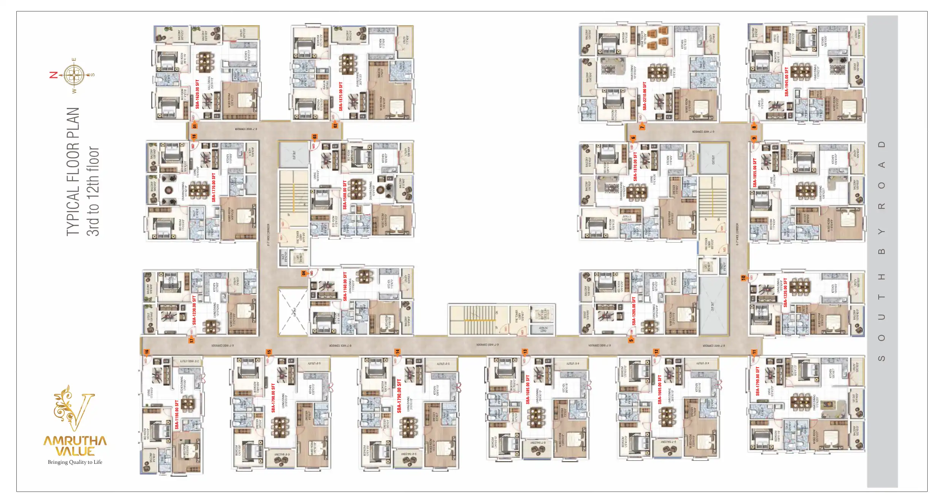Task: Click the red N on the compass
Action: [x=54, y=75]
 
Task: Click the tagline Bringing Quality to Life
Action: [x=75, y=462]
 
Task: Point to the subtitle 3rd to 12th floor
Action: [x=93, y=191]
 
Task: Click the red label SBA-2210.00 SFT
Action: [x=645, y=96]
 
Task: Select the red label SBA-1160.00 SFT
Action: [x=345, y=286]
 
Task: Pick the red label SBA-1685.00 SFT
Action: [x=527, y=389]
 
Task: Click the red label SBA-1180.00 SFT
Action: [x=177, y=415]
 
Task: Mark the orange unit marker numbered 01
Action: [x=195, y=126]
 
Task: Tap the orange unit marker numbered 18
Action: [x=194, y=136]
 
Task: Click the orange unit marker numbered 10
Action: [x=743, y=278]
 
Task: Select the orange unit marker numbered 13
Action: [x=525, y=352]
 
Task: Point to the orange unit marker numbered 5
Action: [x=631, y=340]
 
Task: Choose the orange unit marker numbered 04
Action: [x=303, y=273]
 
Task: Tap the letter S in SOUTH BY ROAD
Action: [x=882, y=358]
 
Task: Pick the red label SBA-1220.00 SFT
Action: [x=785, y=292]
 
